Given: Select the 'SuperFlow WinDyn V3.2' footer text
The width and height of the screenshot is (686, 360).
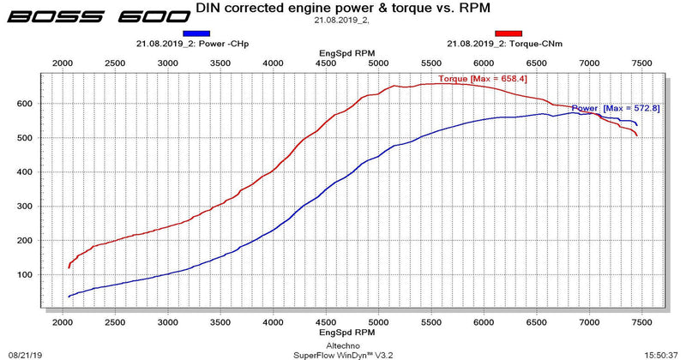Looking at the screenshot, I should [x=343, y=352].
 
